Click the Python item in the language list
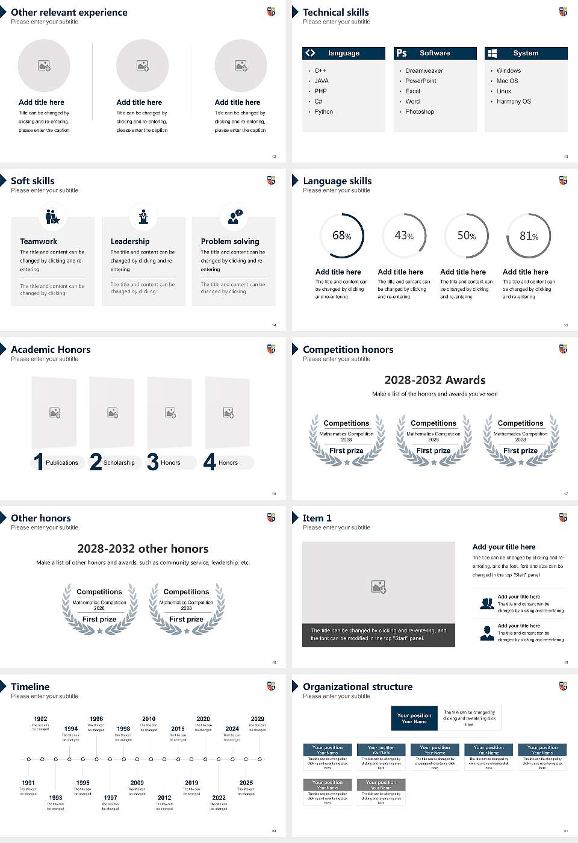click(323, 112)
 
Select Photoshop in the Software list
click(420, 112)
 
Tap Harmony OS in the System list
click(514, 102)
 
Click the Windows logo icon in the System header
click(493, 53)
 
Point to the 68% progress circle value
click(342, 235)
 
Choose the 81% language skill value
click(529, 236)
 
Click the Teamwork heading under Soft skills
click(39, 241)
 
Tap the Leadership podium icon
click(143, 216)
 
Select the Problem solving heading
click(230, 241)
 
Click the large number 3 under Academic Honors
click(153, 462)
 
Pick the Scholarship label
click(119, 463)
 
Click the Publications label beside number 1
click(62, 463)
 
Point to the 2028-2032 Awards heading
click(435, 381)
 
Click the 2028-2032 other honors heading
click(143, 549)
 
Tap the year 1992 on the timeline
click(40, 719)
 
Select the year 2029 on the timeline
click(258, 719)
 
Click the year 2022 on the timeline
click(219, 798)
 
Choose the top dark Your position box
click(414, 718)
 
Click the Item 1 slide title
click(317, 518)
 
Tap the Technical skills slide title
click(336, 13)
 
